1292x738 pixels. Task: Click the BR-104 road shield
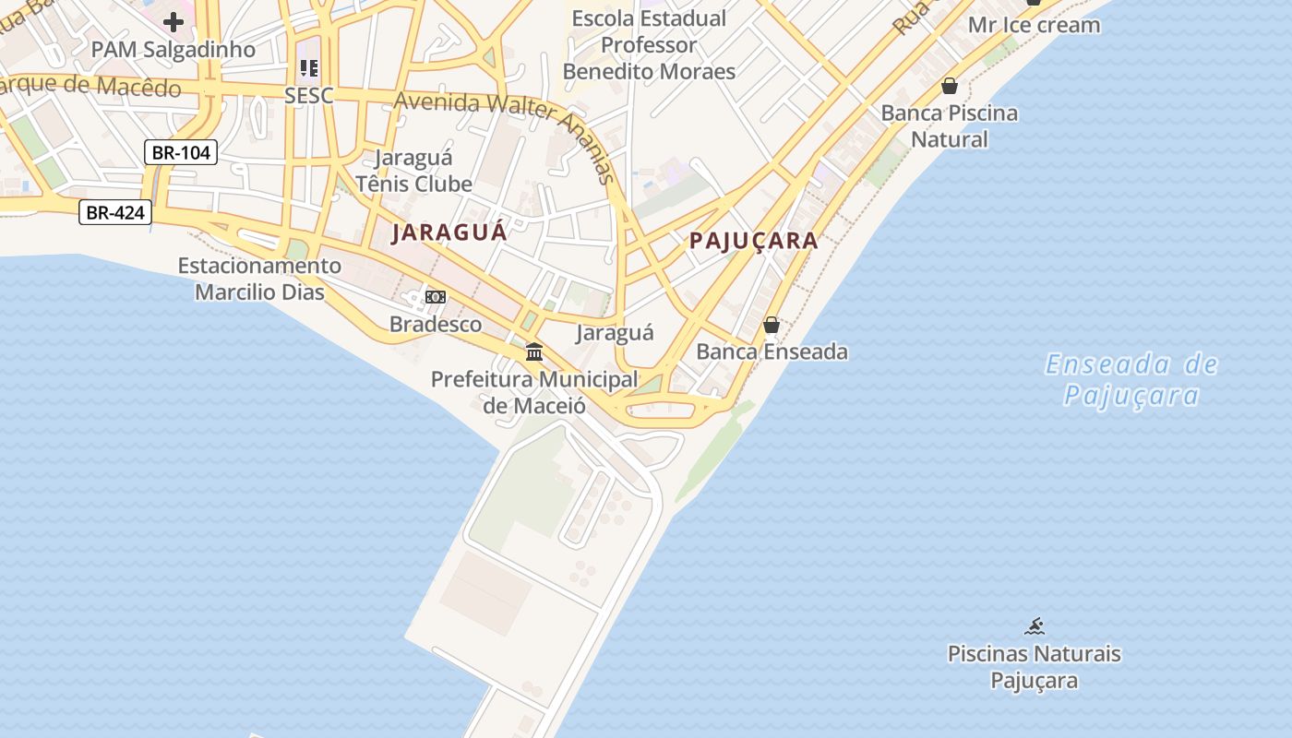click(x=181, y=152)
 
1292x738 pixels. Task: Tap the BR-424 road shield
click(x=114, y=213)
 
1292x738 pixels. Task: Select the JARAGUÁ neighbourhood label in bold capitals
click(x=449, y=232)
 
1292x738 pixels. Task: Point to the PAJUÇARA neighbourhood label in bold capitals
click(x=754, y=242)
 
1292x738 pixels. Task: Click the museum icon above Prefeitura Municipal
click(x=534, y=351)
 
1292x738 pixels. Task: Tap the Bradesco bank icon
click(x=436, y=296)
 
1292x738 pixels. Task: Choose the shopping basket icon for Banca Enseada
click(x=772, y=325)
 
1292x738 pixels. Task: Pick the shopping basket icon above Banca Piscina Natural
click(x=950, y=87)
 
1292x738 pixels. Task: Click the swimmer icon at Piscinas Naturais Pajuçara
click(x=1034, y=627)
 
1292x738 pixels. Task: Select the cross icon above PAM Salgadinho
click(x=173, y=22)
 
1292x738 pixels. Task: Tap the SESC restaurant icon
click(x=308, y=68)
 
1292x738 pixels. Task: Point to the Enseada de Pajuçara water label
click(x=1131, y=380)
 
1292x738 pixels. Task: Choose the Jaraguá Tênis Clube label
click(x=413, y=171)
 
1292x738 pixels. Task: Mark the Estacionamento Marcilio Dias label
click(x=259, y=279)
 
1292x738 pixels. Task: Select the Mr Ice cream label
click(x=1034, y=25)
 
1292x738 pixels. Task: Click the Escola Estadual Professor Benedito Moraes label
click(x=649, y=44)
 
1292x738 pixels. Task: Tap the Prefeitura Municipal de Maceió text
click(x=534, y=392)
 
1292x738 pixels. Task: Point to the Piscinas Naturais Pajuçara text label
click(x=1034, y=667)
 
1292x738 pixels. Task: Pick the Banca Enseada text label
click(x=772, y=351)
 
